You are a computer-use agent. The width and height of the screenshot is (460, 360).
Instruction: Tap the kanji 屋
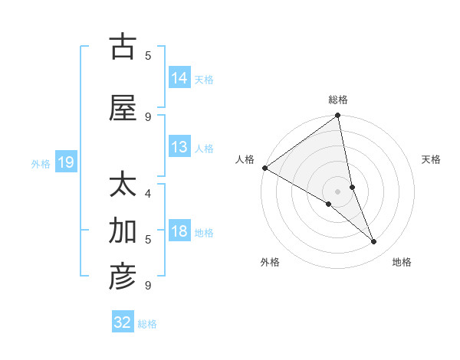123,108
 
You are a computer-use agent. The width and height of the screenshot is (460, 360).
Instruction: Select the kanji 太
123,186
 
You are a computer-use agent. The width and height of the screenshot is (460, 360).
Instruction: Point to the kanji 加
123,230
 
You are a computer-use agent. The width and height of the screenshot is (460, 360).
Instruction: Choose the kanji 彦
123,277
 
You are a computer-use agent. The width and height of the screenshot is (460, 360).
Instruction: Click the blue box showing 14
179,77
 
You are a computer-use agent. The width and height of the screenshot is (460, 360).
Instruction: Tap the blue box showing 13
179,147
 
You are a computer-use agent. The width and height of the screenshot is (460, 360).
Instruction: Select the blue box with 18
179,231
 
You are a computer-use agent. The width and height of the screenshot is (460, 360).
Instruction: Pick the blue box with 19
65,162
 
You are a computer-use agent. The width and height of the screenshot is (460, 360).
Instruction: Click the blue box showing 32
123,322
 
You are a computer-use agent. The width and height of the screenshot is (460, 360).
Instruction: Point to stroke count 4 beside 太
148,193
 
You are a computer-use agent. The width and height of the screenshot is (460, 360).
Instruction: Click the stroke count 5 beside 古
148,55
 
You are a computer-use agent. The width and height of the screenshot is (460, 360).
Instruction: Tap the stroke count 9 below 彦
148,286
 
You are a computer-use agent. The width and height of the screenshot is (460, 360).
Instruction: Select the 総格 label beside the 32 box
147,324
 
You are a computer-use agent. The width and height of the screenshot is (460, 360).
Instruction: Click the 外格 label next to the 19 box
41,163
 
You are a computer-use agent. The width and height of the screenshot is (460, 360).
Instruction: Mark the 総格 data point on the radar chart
338,116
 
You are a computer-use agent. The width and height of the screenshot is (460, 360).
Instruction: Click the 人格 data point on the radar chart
264,168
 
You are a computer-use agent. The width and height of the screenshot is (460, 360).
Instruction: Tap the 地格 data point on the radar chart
374,242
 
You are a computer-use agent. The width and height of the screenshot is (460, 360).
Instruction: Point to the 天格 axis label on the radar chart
431,159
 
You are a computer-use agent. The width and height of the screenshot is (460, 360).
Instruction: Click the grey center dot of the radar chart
337,191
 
